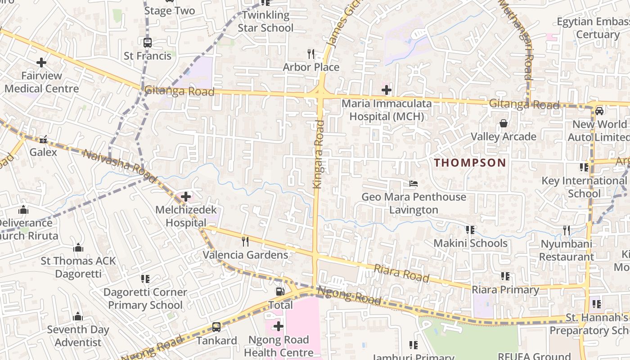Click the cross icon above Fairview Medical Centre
41,62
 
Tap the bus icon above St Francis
148,43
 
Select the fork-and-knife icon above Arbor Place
310,54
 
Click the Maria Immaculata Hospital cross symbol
386,90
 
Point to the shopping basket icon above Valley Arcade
503,123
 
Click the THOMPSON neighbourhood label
470,163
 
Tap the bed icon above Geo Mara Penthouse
414,184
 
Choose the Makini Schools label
470,243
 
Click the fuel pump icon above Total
280,292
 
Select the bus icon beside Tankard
216,327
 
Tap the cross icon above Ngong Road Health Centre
278,326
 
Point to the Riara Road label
401,273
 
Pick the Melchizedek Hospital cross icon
186,196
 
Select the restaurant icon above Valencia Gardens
245,241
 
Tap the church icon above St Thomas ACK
78,247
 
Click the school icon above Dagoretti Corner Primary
145,279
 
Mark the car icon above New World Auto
599,111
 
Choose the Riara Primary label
505,290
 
